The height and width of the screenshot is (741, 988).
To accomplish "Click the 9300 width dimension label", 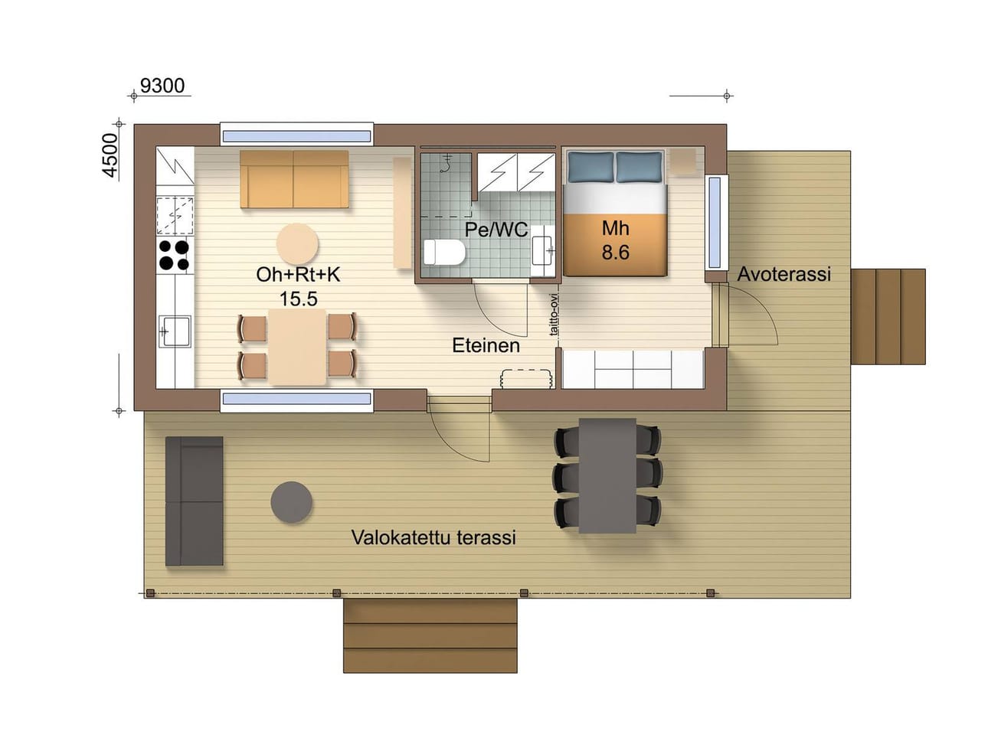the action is click(x=162, y=86).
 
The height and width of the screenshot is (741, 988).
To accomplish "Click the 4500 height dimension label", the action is click(x=110, y=155).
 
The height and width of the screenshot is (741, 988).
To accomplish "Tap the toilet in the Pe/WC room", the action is click(x=444, y=252).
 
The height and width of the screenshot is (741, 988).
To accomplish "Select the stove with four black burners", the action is click(x=175, y=255).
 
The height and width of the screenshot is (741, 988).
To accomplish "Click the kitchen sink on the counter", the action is click(x=175, y=331).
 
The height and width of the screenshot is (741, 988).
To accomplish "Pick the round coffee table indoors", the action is click(x=297, y=244).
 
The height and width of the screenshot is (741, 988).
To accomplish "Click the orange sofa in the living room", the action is click(x=294, y=179).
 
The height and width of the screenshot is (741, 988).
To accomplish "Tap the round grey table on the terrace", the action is click(x=291, y=502).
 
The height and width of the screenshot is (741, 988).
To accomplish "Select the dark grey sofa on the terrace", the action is click(x=195, y=501).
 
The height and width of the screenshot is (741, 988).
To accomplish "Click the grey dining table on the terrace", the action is click(x=607, y=475).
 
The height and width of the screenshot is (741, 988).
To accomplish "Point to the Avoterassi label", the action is click(x=784, y=274).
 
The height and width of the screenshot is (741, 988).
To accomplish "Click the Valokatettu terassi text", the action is click(x=433, y=537).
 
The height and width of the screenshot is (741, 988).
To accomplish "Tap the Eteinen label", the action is click(x=486, y=345).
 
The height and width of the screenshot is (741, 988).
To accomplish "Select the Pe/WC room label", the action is click(x=496, y=230).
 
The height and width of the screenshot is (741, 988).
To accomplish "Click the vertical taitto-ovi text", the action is click(x=554, y=315).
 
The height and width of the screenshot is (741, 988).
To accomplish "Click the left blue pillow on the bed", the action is click(x=591, y=167).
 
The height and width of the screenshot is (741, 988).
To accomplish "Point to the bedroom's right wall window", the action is click(x=715, y=222).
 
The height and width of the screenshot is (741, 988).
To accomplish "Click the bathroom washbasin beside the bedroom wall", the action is click(x=543, y=250).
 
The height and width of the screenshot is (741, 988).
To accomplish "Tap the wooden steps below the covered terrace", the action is click(x=430, y=635).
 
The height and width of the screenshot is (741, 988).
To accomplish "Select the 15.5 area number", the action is click(x=299, y=299).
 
